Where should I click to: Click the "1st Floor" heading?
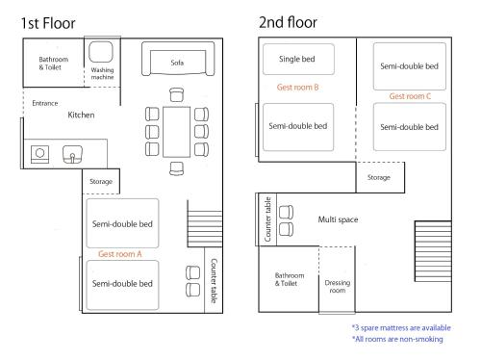coord(48,23)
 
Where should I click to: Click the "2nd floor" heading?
coord(288,22)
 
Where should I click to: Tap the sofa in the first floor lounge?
coord(178,59)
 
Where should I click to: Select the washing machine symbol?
coord(101,51)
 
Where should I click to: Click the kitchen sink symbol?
coord(72,154)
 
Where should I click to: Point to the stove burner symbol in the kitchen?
coord(39,154)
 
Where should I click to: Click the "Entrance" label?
coord(45,103)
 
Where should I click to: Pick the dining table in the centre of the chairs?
coord(176,132)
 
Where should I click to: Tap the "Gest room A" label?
coord(119,254)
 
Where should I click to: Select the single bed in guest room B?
coord(298,60)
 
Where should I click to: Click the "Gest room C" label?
coord(410,96)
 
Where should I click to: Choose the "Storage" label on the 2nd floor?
coord(379,177)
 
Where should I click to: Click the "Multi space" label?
coord(338,219)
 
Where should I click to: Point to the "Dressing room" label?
coord(338,287)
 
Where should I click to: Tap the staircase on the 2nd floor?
coord(433,251)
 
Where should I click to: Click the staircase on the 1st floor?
coord(205,229)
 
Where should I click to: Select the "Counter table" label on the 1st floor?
coord(214,281)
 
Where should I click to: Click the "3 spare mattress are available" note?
coord(401,327)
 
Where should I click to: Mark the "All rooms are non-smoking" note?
coord(397,339)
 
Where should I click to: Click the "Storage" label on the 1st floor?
coord(101,182)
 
